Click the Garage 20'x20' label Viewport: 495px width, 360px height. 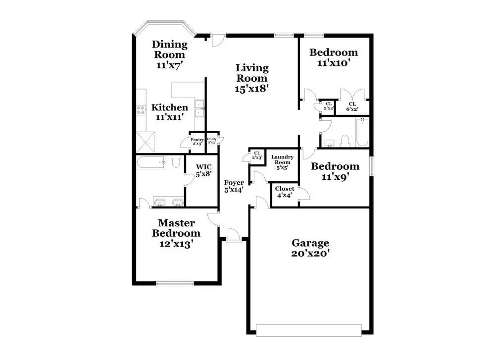(310, 248)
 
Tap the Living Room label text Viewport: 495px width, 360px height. (251, 78)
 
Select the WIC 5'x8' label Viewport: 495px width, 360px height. (203, 170)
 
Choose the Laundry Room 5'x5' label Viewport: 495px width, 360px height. (282, 162)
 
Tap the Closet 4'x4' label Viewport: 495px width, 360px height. (284, 192)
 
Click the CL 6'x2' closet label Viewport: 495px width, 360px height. (352, 106)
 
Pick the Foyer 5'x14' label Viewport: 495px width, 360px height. (234, 186)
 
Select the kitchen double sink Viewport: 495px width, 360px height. (200, 108)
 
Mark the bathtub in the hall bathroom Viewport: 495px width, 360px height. (362, 133)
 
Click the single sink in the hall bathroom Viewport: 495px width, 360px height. (330, 143)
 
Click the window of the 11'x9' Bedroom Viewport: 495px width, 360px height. (372, 166)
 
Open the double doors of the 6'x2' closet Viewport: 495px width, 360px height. (352, 94)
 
